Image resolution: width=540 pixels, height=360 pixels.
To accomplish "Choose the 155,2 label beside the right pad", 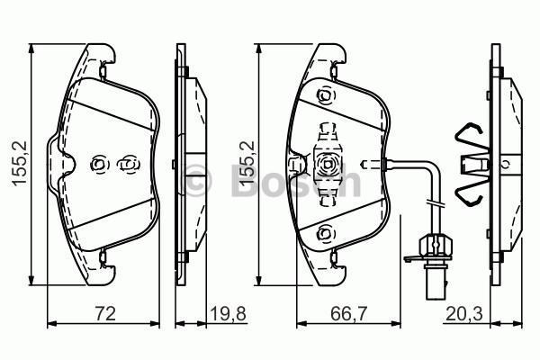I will coord(243,163).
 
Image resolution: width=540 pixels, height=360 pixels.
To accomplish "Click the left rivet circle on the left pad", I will coord(99,163).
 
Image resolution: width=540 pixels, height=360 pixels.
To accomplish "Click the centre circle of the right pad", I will coord(327,164).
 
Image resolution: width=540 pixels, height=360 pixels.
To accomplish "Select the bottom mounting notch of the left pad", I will coord(105,259).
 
